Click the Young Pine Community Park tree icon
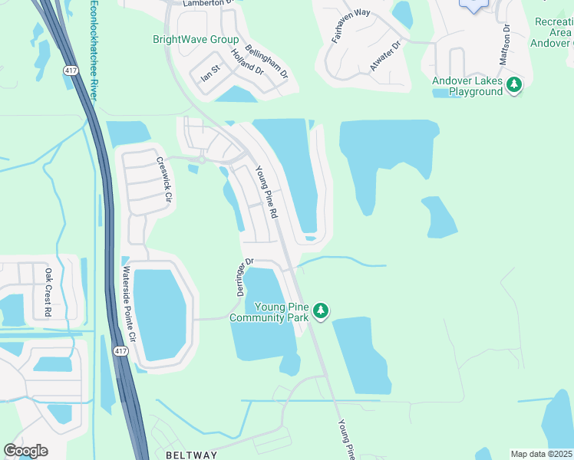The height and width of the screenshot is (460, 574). [x=321, y=310]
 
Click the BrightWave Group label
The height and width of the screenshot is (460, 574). [x=196, y=40]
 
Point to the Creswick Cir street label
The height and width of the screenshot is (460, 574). [x=163, y=179]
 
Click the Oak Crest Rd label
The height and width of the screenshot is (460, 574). [x=48, y=292]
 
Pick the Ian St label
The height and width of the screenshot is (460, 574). [x=210, y=74]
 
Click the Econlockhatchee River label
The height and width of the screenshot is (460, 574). [x=93, y=49]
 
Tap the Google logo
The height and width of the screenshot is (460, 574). [x=25, y=451]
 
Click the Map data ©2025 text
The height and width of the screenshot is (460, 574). [x=541, y=454]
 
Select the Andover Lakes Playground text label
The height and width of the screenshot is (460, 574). [x=467, y=86]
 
